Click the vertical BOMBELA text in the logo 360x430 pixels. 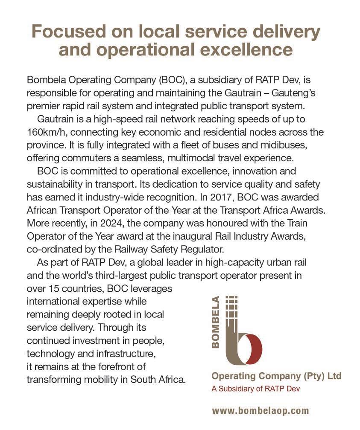pyautogui.click(x=216, y=322)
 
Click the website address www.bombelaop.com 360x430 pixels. pyautogui.click(x=260, y=411)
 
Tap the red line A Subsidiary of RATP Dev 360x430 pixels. pyautogui.click(x=256, y=389)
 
